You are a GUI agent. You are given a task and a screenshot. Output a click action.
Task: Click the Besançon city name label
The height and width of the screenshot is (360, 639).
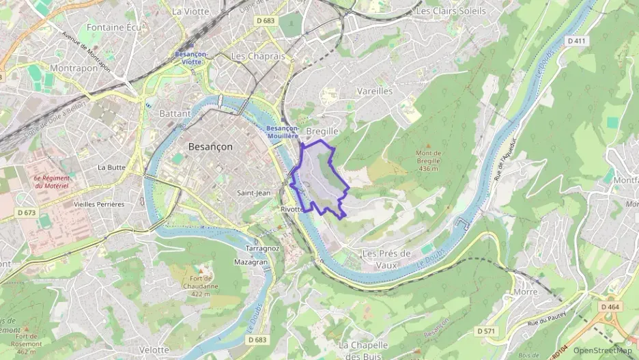point(210,147)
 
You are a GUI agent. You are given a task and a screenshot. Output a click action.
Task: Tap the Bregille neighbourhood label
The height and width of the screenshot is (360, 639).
point(322,130)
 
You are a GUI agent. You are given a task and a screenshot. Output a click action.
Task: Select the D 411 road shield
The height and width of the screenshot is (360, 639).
point(576,41)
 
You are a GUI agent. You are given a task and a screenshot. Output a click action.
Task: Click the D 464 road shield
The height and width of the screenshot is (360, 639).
point(610,307)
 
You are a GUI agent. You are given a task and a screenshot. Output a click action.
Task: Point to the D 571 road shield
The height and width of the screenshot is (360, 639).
point(485,331)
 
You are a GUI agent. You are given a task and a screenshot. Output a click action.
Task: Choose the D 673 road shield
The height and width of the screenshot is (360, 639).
point(26,212)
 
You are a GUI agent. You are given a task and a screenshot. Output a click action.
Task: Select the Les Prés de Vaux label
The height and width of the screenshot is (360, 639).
point(386,259)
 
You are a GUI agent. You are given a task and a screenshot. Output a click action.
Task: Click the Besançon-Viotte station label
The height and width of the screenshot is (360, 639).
point(188,57)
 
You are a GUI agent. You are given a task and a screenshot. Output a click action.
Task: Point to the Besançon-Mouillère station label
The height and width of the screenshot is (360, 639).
point(283,132)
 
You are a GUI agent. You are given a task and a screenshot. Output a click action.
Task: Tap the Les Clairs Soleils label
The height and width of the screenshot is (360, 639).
point(451,11)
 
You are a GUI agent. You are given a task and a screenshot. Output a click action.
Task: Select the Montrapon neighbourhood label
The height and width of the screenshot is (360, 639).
point(74,68)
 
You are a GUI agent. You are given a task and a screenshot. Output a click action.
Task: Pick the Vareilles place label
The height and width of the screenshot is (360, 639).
point(375,91)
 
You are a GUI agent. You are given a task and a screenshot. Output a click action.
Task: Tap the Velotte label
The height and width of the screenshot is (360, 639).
point(154,349)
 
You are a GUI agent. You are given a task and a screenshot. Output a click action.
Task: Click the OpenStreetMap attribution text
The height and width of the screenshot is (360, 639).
point(602,351)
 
